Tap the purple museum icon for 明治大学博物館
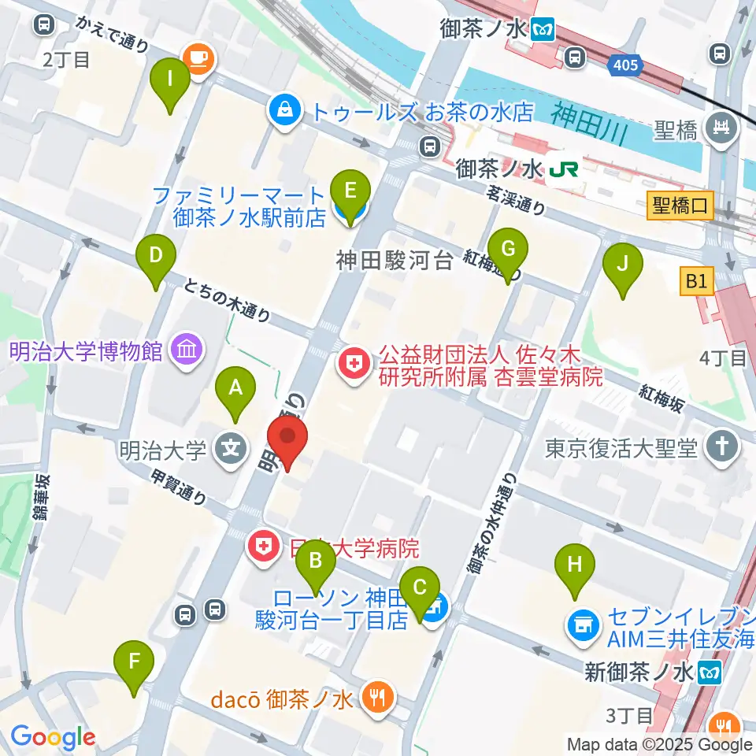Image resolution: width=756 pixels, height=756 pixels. tap(187, 349)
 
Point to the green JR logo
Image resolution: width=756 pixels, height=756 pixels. tap(564, 169)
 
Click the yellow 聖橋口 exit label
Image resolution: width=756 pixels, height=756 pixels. tap(680, 206)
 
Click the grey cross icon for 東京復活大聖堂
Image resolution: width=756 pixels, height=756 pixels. tap(721, 447)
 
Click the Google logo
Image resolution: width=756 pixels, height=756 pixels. tap(53, 737)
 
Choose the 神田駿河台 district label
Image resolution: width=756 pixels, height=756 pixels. tap(395, 260)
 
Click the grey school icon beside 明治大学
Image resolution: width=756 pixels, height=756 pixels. tap(231, 451)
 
